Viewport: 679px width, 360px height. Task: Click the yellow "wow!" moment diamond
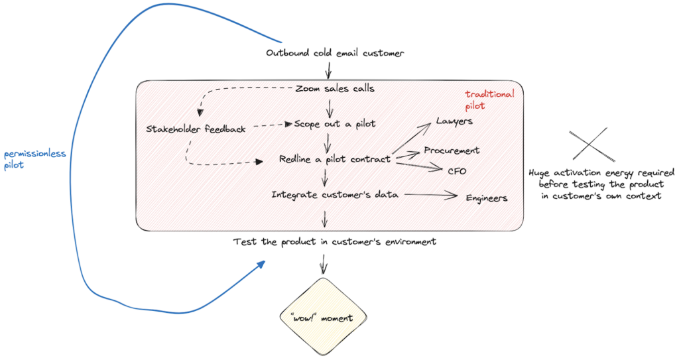pos(323,318)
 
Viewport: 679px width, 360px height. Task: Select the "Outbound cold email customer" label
pos(335,53)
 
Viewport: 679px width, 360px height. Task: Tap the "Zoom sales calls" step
pos(335,88)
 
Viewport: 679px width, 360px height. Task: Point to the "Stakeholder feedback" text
pos(196,129)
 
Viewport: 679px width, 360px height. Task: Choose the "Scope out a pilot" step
pos(335,124)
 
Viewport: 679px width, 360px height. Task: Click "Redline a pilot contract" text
pos(335,159)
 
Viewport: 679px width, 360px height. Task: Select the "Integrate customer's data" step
pos(335,194)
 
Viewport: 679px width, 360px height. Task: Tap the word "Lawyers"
pos(454,121)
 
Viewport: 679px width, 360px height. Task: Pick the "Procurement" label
pos(452,150)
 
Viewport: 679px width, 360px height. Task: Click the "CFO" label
pos(458,171)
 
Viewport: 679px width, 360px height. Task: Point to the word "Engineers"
pos(487,198)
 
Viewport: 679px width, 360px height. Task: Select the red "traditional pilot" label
pos(490,100)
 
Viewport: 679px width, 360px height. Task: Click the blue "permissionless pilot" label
pos(34,159)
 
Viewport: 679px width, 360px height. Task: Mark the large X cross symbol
pos(591,145)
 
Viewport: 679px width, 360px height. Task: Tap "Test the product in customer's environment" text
pos(335,242)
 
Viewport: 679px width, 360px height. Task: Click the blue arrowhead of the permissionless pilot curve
pos(261,264)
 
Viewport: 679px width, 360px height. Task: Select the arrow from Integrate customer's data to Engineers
pos(431,196)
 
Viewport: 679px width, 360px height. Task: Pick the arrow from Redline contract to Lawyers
pos(411,138)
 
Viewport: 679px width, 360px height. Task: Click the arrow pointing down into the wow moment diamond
pos(323,264)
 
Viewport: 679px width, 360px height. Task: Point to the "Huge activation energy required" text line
pos(601,173)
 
